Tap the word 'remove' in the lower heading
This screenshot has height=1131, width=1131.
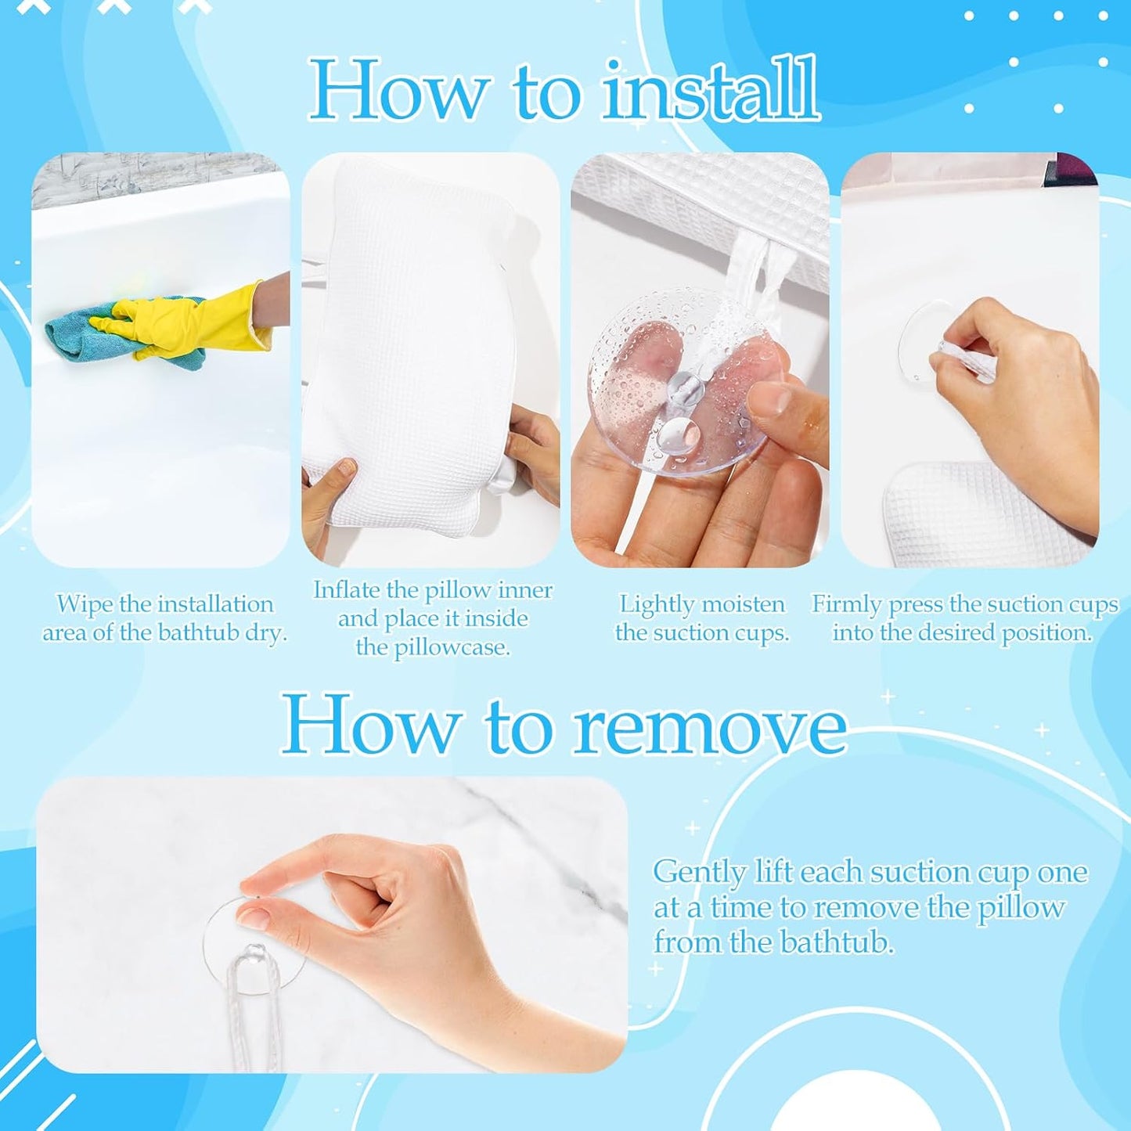[x=711, y=726]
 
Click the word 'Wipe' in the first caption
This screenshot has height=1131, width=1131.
[x=85, y=604]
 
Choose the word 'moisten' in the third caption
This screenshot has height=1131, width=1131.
[x=744, y=604]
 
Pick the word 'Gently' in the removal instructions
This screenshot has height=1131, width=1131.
[x=699, y=871]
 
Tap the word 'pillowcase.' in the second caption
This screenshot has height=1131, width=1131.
[x=433, y=647]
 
